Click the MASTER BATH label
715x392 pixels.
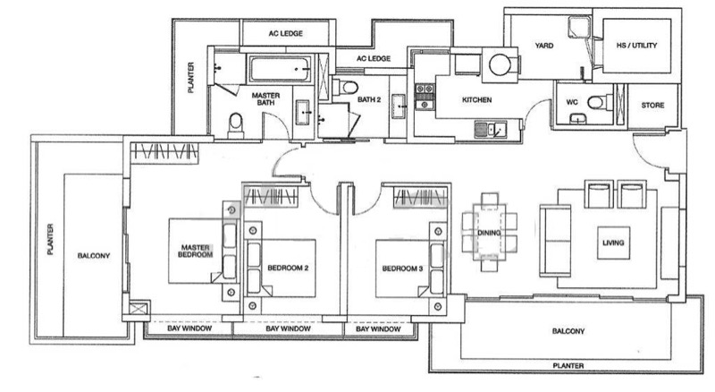pyautogui.click(x=265, y=98)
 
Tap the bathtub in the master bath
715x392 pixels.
pyautogui.click(x=280, y=69)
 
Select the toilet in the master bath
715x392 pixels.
pyautogui.click(x=236, y=124)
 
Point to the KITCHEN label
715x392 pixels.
pyautogui.click(x=477, y=99)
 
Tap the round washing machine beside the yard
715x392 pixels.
pyautogui.click(x=500, y=64)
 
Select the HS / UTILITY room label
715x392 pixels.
pyautogui.click(x=636, y=46)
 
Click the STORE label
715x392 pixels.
pyautogui.click(x=653, y=105)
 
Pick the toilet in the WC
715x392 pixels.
pyautogui.click(x=600, y=102)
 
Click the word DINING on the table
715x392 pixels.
pyautogui.click(x=489, y=233)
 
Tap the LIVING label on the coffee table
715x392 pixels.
pyautogui.click(x=613, y=243)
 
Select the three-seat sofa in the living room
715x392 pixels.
pyautogui.click(x=555, y=241)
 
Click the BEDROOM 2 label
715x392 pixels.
pyautogui.click(x=288, y=268)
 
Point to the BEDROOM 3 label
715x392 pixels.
pyautogui.click(x=403, y=268)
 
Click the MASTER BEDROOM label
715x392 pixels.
pyautogui.click(x=195, y=251)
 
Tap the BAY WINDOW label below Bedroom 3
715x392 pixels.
pyautogui.click(x=378, y=329)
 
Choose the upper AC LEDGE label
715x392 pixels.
pyautogui.click(x=285, y=33)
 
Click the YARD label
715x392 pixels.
pyautogui.click(x=544, y=46)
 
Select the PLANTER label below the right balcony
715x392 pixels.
pyautogui.click(x=568, y=365)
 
